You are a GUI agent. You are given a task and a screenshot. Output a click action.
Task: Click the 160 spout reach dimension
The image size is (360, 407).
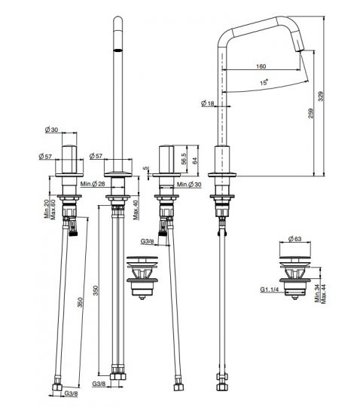click(x=261, y=66)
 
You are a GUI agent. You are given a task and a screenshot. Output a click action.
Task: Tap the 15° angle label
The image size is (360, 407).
click(x=264, y=83)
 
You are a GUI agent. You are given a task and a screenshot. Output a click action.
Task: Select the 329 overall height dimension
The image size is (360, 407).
click(x=321, y=96)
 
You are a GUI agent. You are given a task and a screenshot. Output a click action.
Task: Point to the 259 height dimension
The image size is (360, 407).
click(x=311, y=113)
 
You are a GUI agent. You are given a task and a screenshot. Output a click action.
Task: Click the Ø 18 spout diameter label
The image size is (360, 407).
click(x=208, y=103)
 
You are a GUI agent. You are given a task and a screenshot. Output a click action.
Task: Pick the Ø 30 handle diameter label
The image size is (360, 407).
click(x=52, y=130)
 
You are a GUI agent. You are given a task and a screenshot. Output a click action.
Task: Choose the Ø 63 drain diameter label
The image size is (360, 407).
click(x=295, y=238)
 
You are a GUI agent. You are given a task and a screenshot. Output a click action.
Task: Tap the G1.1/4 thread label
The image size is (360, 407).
click(x=270, y=289)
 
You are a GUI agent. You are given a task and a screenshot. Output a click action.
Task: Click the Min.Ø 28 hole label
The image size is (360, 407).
click(x=93, y=184)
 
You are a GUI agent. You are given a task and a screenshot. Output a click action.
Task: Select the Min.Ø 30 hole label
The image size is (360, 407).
click(x=189, y=185)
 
